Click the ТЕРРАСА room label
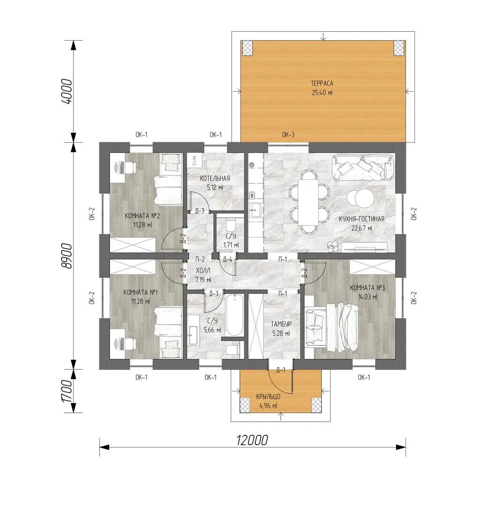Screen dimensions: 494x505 [x=322, y=83]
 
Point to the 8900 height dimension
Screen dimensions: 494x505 [x=66, y=256]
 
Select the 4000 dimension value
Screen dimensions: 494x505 [x=66, y=91]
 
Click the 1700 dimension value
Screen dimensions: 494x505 [x=66, y=391]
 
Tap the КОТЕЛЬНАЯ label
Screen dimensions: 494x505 [x=215, y=179]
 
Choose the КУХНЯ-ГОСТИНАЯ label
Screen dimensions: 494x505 [x=361, y=219]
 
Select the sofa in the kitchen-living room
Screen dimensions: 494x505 [x=363, y=167]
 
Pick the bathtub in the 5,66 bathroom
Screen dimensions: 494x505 [x=234, y=315]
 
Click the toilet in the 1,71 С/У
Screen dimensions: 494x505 [x=231, y=224]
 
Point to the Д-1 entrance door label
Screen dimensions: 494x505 [x=281, y=370]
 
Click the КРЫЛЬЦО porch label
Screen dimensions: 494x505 [x=268, y=397]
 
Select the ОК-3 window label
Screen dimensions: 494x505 [x=288, y=135]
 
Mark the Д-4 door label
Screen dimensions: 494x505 [x=227, y=259]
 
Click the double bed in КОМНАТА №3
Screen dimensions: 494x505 [x=332, y=327]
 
